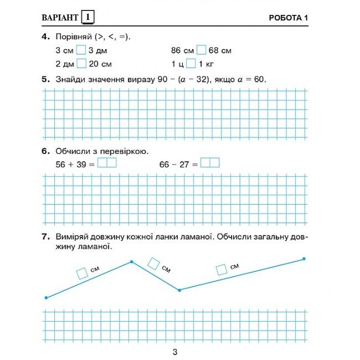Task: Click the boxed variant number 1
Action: [88, 18]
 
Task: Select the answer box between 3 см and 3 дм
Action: [81, 50]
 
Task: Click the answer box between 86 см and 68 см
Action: [201, 50]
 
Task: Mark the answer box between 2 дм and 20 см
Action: [81, 63]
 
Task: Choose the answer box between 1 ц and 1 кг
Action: [191, 63]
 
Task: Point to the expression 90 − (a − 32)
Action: [185, 79]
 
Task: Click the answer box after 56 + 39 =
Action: [107, 163]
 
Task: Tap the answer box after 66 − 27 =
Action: [210, 163]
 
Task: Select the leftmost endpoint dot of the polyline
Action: [46, 298]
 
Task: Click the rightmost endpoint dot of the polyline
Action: [304, 259]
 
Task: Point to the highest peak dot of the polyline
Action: [131, 261]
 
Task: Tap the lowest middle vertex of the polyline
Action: [179, 290]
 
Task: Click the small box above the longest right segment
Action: [222, 270]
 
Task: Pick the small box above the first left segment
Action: [82, 273]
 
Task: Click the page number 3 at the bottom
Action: [174, 352]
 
